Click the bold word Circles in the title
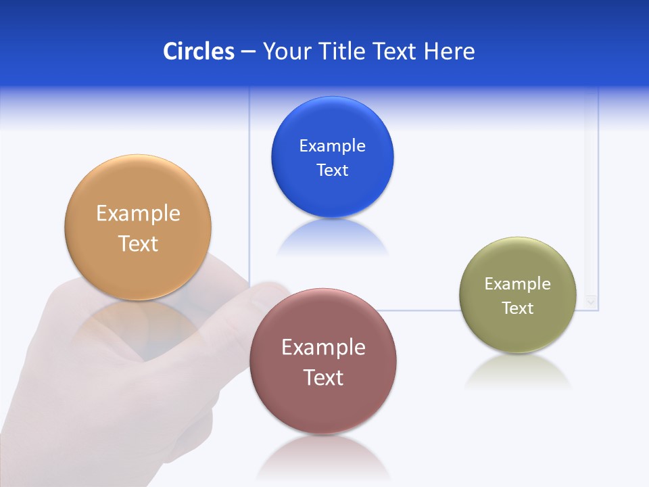tap(199, 51)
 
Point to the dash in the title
tap(248, 52)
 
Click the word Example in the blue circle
tap(332, 146)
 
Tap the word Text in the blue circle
tap(332, 170)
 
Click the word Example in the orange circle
tap(138, 214)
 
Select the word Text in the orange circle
tap(138, 243)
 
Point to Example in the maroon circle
tap(323, 348)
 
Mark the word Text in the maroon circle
tap(323, 377)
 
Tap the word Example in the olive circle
tap(518, 284)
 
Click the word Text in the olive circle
tap(518, 308)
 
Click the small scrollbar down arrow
tap(592, 302)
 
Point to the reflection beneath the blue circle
tap(332, 238)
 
